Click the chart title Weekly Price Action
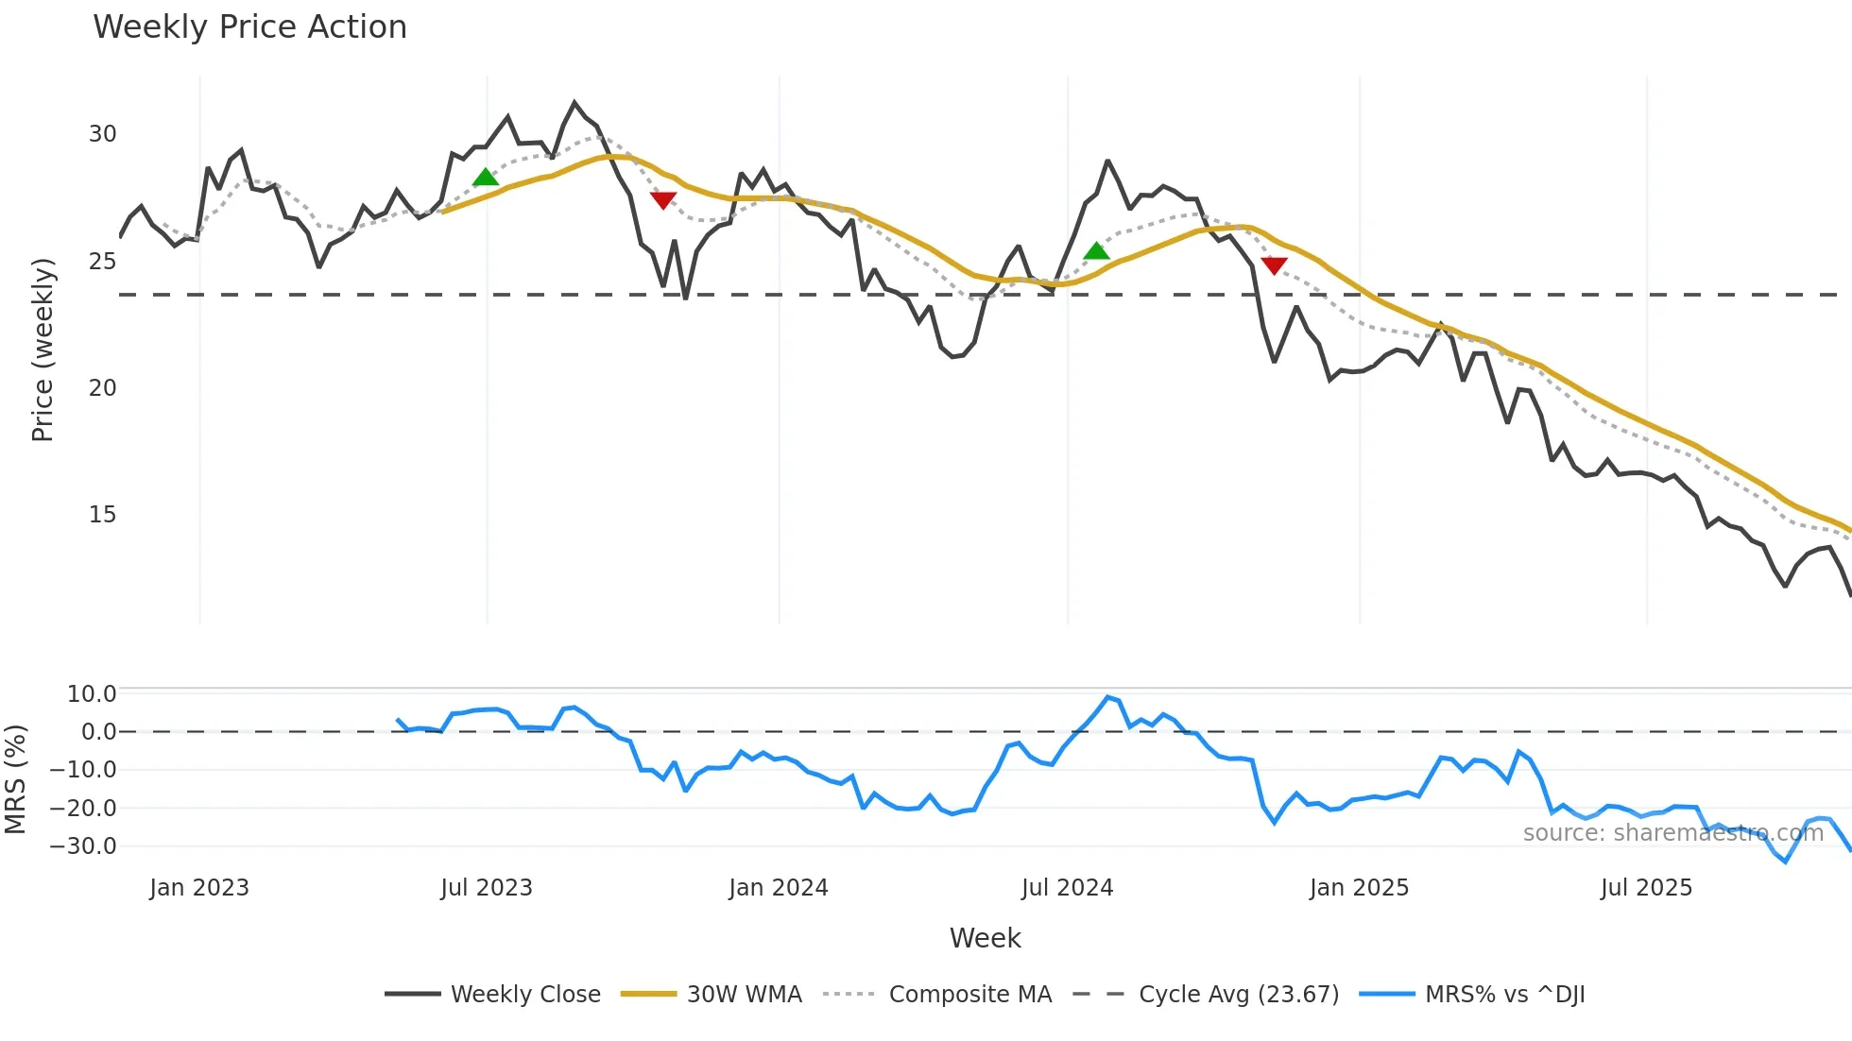pyautogui.click(x=249, y=27)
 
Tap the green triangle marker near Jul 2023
pyautogui.click(x=485, y=178)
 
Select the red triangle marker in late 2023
pyautogui.click(x=663, y=200)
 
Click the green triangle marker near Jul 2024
pyautogui.click(x=1096, y=251)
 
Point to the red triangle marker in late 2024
pyautogui.click(x=1274, y=265)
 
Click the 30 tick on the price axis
pyautogui.click(x=102, y=134)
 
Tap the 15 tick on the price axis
pyautogui.click(x=102, y=515)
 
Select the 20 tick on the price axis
pyautogui.click(x=102, y=388)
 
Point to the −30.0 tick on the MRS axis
pyautogui.click(x=83, y=846)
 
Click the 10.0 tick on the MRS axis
pyautogui.click(x=91, y=694)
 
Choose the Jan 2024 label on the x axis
pyautogui.click(x=778, y=888)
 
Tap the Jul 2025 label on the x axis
pyautogui.click(x=1646, y=888)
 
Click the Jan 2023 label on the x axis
pyautogui.click(x=199, y=888)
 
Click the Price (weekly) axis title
pyautogui.click(x=43, y=350)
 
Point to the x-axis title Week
pyautogui.click(x=985, y=938)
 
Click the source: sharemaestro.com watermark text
pyautogui.click(x=1672, y=833)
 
